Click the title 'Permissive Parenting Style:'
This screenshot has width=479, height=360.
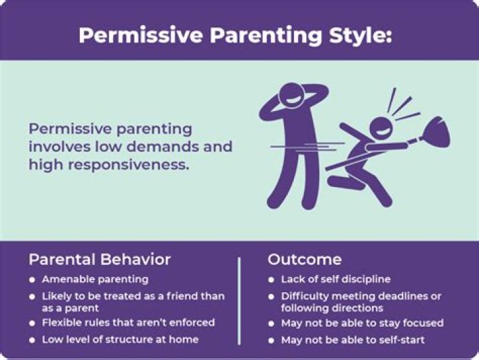[x=235, y=35]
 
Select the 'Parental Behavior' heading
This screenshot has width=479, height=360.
[x=100, y=260]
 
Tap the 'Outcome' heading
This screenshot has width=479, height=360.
[x=305, y=260]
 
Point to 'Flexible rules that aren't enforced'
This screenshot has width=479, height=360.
[x=128, y=322]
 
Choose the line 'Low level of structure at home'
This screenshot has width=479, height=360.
[x=120, y=339]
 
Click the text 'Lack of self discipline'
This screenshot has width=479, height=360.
[x=336, y=279]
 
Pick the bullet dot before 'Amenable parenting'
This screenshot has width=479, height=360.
[x=33, y=279]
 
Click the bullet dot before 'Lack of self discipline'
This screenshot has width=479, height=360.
[x=271, y=279]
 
